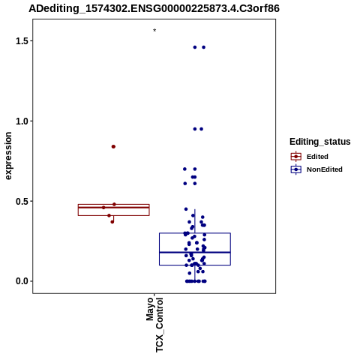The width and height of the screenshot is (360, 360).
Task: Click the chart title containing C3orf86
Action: [x=154, y=8]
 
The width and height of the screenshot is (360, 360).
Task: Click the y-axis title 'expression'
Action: [x=8, y=156]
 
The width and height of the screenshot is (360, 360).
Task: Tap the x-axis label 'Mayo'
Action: [x=150, y=309]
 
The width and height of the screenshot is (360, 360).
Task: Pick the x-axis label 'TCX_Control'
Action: [x=159, y=325]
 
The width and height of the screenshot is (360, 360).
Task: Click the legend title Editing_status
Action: [x=320, y=142]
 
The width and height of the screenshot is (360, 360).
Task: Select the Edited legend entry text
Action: [x=317, y=157]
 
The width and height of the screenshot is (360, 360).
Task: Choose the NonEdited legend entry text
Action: [x=325, y=169]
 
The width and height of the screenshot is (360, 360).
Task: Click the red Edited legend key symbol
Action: [x=296, y=157]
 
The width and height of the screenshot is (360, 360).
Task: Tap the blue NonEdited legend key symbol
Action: [x=296, y=169]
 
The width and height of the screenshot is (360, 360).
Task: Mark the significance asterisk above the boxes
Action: [x=154, y=31]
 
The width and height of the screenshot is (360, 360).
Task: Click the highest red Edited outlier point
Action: [x=113, y=146]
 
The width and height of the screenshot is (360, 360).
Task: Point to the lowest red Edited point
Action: [x=112, y=222]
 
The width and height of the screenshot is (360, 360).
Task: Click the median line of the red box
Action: [x=114, y=208]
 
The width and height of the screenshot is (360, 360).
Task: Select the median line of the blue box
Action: [x=195, y=252]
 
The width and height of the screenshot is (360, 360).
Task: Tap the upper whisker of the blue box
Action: [x=195, y=221]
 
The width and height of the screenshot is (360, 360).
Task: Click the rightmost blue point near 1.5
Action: [x=204, y=47]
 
